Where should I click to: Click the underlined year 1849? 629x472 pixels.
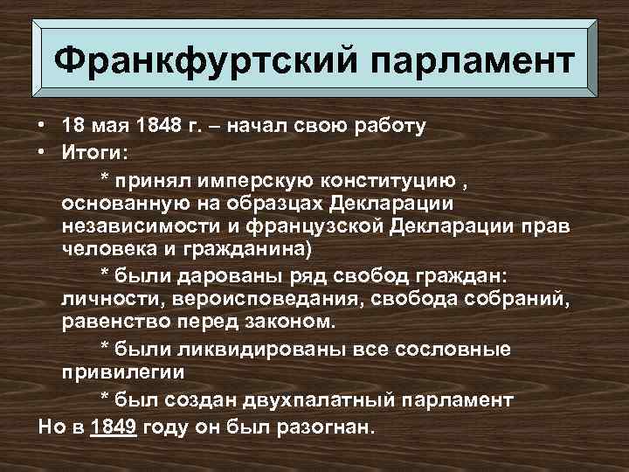pos(114,429)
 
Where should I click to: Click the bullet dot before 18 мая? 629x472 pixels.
pos(41,127)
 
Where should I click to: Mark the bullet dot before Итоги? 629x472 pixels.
pos(41,154)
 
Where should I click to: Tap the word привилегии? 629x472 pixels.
pos(123,371)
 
